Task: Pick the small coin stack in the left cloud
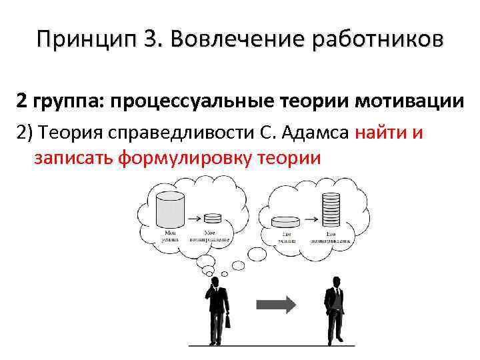pyautogui.click(x=213, y=217)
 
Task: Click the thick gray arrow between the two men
pyautogui.click(x=277, y=305)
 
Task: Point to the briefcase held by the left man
pyautogui.click(x=227, y=321)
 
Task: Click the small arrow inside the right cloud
pyautogui.click(x=309, y=220)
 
